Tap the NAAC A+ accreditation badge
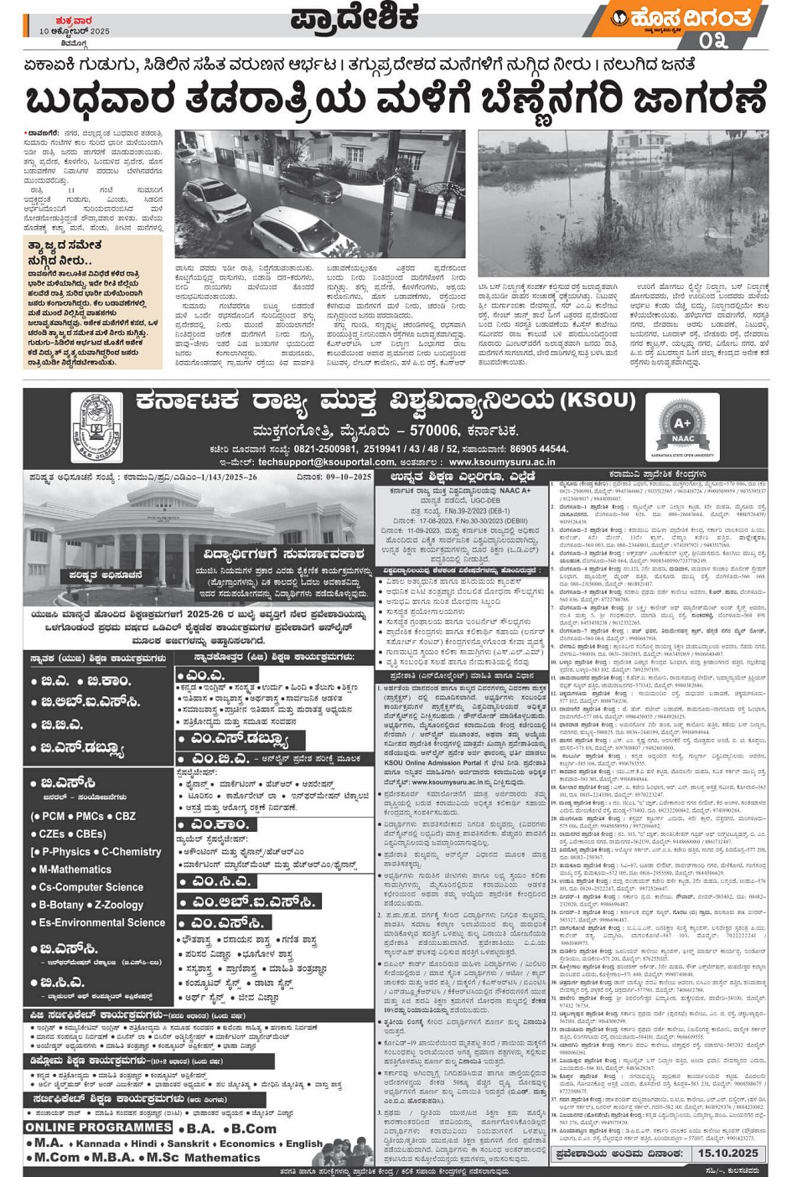click(682, 427)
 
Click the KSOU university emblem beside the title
click(96, 427)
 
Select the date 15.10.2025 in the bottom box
click(726, 1153)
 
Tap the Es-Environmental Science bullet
click(101, 922)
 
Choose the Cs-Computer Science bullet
click(91, 887)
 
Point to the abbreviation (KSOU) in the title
click(598, 400)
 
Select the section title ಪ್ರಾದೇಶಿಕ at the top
click(355, 18)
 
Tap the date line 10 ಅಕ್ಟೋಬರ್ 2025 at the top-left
click(75, 31)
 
